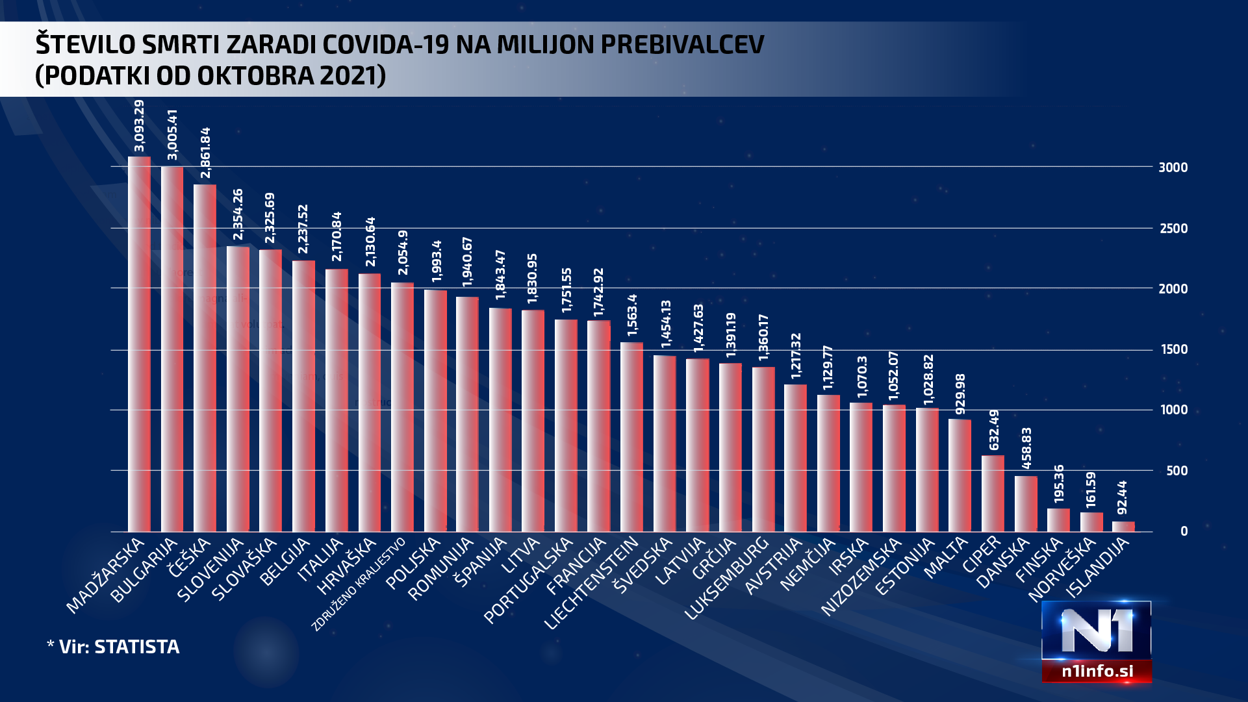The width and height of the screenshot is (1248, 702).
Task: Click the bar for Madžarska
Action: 139,344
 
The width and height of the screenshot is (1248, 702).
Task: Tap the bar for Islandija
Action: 1123,526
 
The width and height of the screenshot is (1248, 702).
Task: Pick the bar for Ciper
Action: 993,494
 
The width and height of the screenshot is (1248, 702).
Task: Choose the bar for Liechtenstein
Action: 631,436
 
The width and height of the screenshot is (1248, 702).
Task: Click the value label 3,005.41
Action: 172,134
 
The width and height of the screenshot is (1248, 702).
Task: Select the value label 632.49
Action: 994,430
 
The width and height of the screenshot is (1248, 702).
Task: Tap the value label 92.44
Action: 1122,497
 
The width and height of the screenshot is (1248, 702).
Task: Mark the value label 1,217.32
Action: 796,356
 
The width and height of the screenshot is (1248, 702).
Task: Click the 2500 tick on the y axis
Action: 1173,229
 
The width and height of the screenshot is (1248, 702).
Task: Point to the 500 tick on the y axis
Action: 1177,471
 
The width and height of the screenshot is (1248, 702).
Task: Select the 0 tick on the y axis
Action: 1184,531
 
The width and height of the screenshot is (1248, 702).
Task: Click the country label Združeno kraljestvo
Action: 359,584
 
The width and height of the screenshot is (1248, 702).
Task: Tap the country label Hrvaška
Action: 347,566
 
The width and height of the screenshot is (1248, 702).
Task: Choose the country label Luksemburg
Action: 728,579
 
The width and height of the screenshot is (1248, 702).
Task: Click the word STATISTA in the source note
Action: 136,647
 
